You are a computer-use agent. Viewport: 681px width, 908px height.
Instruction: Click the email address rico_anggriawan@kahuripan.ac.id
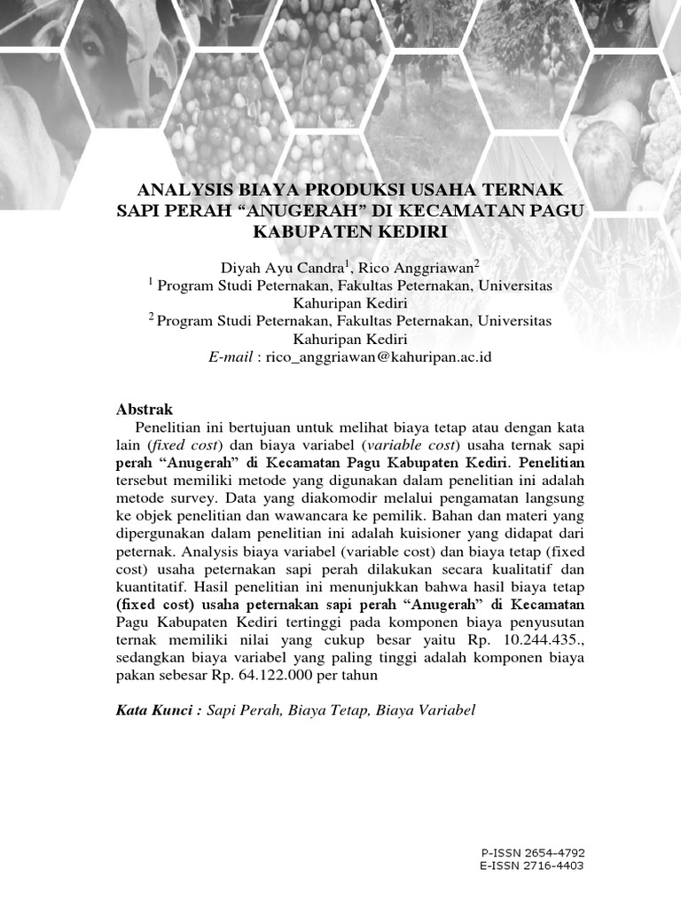[x=372, y=356]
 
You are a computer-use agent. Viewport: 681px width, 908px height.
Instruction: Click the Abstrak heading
[x=145, y=409]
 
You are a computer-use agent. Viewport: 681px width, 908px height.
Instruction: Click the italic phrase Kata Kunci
[x=154, y=710]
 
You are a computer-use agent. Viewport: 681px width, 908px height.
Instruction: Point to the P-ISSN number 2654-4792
[x=554, y=852]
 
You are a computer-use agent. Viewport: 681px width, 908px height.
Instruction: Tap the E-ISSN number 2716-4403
[x=554, y=865]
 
